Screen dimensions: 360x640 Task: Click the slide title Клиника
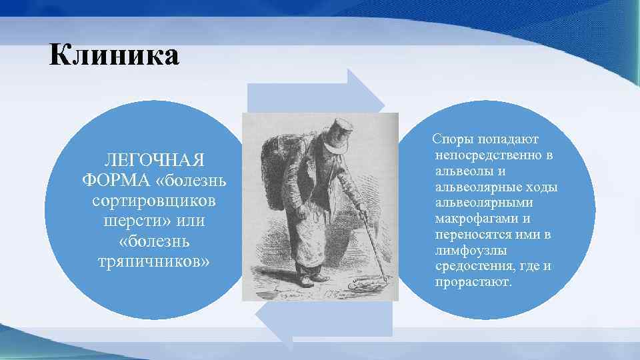point(114,55)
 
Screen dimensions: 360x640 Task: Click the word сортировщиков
point(155,200)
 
